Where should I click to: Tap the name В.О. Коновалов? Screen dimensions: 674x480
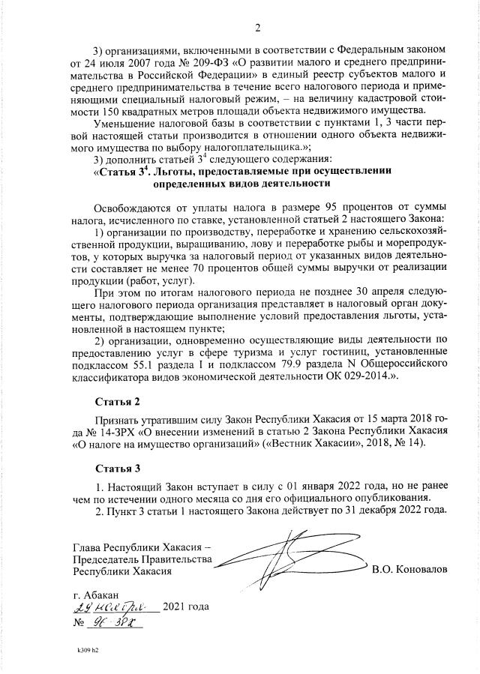coord(409,571)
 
